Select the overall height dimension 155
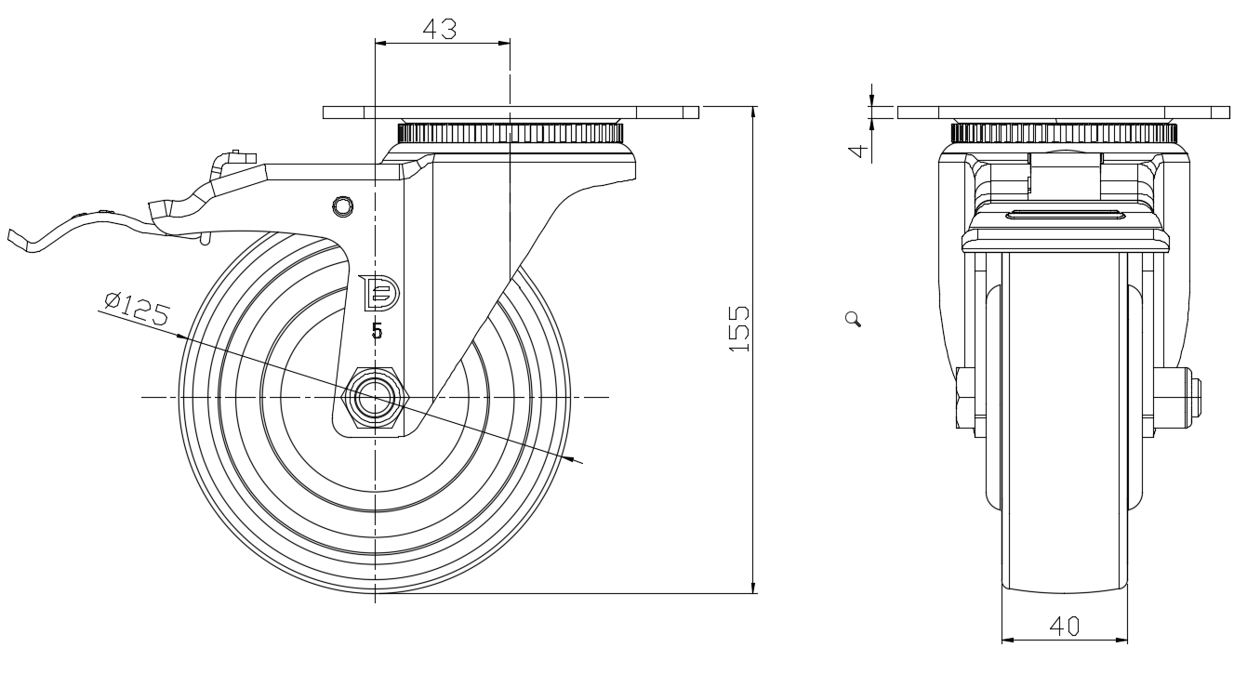click(739, 328)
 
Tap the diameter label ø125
click(136, 308)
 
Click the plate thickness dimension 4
click(861, 150)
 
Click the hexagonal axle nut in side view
click(375, 398)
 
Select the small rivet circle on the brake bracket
click(343, 205)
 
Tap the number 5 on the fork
click(377, 330)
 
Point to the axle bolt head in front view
click(1194, 398)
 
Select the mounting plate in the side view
click(511, 112)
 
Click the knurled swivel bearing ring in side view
click(511, 132)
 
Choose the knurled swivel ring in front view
click(1063, 132)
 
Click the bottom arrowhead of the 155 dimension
click(752, 586)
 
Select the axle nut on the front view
click(964, 398)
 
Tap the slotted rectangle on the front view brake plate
click(1065, 216)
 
